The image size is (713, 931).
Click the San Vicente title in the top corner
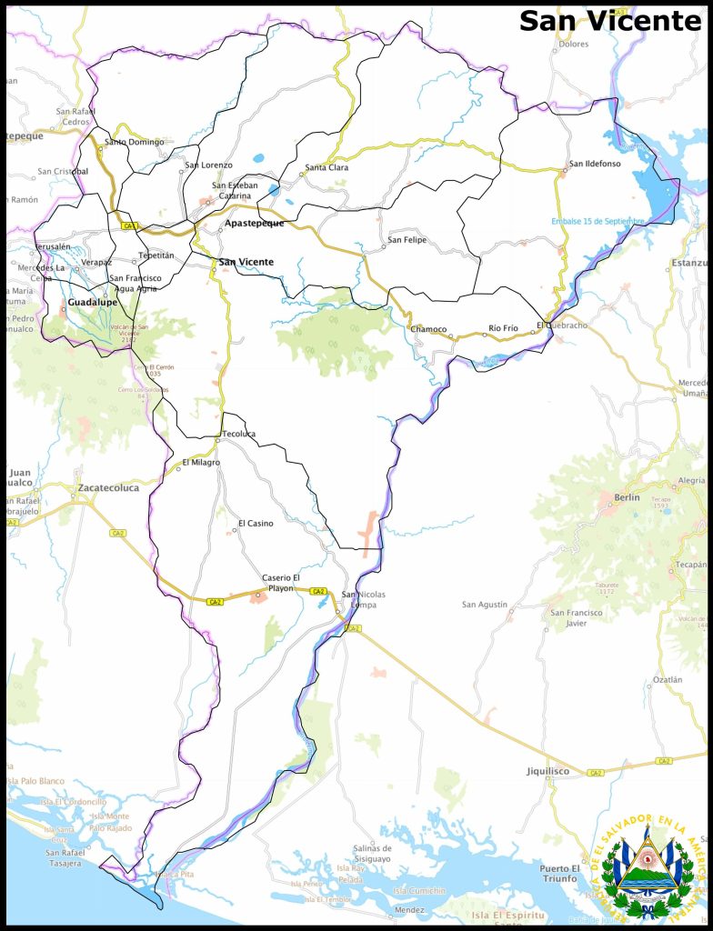tap(610, 22)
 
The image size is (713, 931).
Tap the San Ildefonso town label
tap(595, 164)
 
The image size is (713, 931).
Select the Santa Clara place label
tap(326, 167)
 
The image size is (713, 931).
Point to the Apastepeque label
tap(255, 223)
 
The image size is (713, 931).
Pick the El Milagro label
tap(201, 463)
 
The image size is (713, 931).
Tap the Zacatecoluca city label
tap(108, 488)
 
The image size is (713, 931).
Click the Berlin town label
tap(627, 497)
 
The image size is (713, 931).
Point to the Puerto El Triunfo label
tap(557, 874)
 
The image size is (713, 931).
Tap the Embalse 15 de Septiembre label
tap(597, 221)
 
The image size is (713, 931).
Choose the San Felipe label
tap(407, 240)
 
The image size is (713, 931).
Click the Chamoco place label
tap(429, 328)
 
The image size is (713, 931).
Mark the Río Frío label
tap(503, 327)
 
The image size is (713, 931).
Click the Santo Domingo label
tap(135, 142)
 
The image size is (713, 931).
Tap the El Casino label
tap(256, 524)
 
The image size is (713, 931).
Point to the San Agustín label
tap(485, 605)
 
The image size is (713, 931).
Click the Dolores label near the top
tap(574, 69)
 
